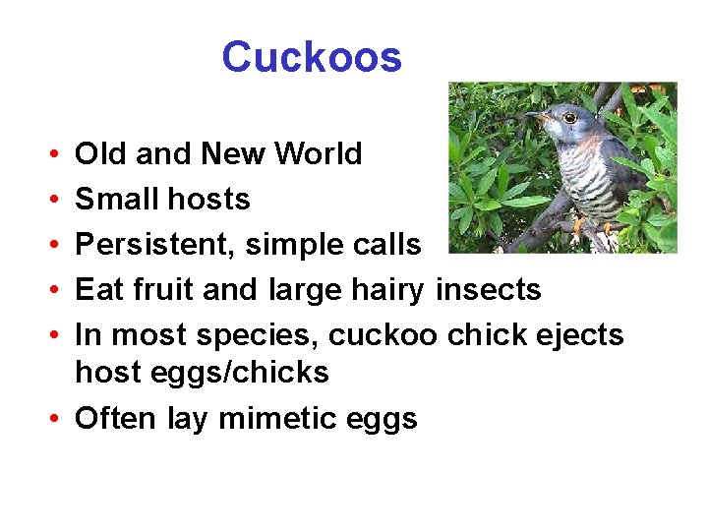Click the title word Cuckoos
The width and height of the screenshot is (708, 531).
(312, 57)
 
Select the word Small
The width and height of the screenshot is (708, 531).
(114, 200)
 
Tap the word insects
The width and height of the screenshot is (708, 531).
(489, 290)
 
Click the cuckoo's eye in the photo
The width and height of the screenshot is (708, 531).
(569, 118)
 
